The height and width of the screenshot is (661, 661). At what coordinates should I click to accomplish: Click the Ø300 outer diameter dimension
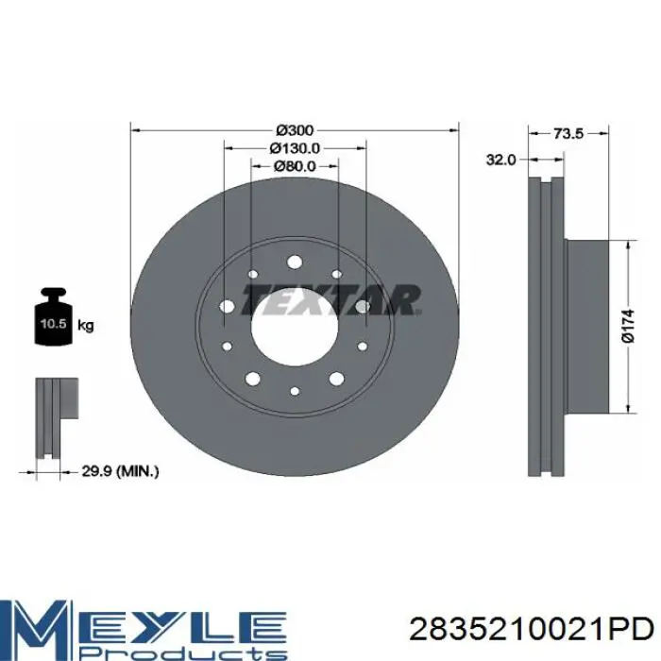click(x=295, y=130)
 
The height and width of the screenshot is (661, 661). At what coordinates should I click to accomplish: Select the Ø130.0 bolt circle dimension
click(x=295, y=148)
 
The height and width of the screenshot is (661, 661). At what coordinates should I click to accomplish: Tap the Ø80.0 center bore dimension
click(x=295, y=166)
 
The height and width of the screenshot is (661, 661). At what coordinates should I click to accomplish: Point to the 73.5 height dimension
click(x=568, y=134)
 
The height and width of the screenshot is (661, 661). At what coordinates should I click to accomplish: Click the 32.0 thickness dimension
click(x=500, y=160)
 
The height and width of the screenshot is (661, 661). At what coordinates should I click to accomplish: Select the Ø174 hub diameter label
click(x=628, y=326)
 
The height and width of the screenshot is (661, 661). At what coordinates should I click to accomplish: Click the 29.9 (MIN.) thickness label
click(x=120, y=471)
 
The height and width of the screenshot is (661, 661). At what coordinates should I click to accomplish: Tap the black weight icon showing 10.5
click(x=53, y=316)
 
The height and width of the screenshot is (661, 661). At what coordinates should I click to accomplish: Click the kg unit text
click(x=86, y=326)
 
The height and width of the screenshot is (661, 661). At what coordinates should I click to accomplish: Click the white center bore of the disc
click(x=295, y=327)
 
